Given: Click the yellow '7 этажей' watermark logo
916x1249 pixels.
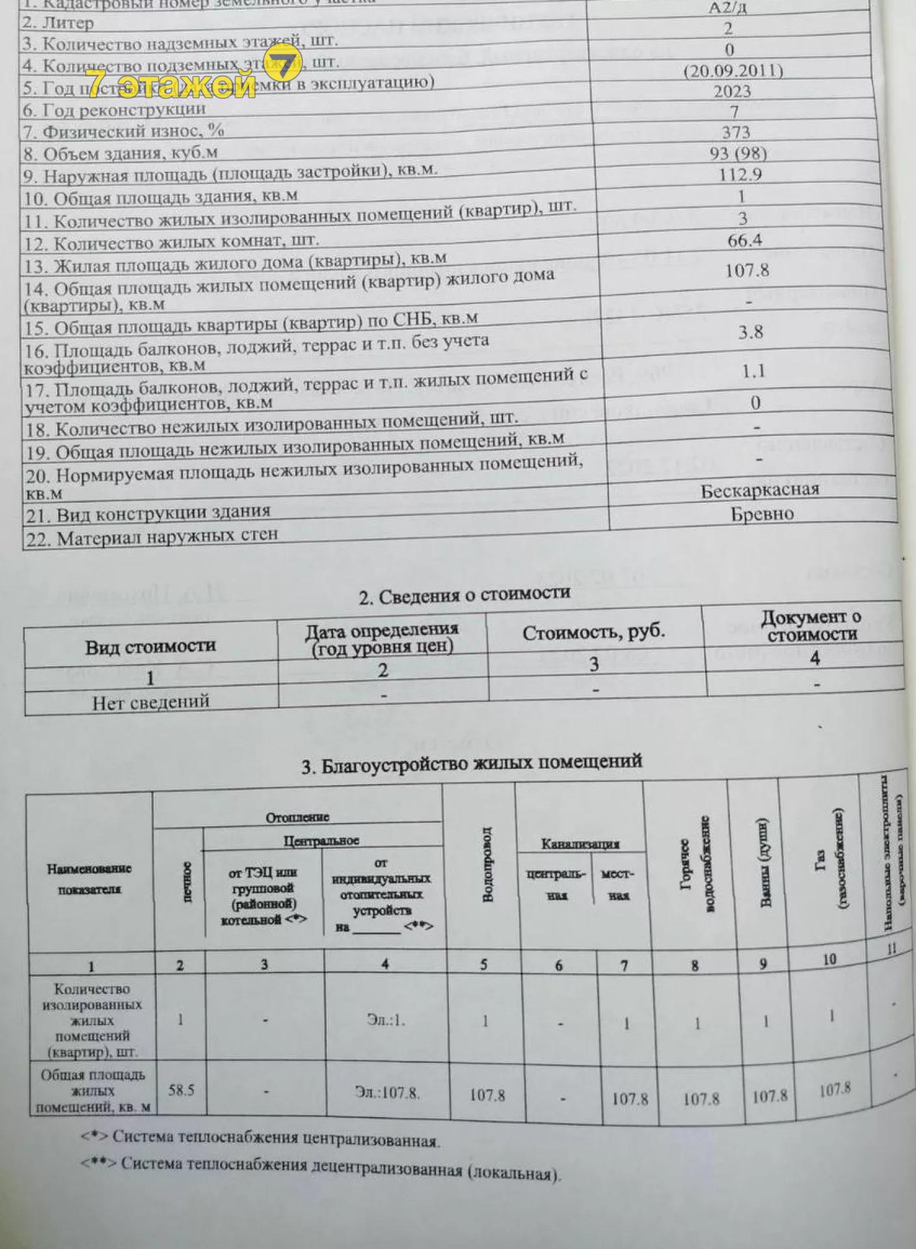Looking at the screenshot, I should [x=189, y=77].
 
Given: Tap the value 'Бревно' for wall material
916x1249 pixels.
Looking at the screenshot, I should [x=762, y=514].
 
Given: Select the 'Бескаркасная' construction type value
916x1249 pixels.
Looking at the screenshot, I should [x=759, y=490].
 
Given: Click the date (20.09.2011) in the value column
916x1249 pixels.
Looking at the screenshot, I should [x=733, y=70].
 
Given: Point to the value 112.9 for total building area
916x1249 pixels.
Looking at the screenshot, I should [x=740, y=174].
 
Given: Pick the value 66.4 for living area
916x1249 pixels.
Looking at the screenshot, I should [x=744, y=240].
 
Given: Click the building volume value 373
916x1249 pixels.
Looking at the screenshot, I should [x=736, y=132].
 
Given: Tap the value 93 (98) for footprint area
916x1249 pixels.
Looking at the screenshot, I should [x=738, y=153].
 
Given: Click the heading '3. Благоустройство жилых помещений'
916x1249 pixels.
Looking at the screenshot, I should [x=472, y=763].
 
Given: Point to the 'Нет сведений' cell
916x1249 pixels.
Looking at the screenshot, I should [x=150, y=702].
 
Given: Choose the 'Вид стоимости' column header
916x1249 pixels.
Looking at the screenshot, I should [x=150, y=647].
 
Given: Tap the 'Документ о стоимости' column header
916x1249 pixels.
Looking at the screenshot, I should [x=811, y=625].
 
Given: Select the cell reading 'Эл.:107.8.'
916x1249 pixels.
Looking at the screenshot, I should [x=387, y=1092].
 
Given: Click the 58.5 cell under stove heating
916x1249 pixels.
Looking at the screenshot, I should [x=181, y=1090].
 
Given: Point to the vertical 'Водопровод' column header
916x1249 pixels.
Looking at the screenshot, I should [x=487, y=865].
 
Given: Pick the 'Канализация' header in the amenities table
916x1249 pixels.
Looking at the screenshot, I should [x=580, y=844].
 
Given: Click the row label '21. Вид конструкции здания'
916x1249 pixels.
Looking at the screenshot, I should [x=163, y=514].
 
